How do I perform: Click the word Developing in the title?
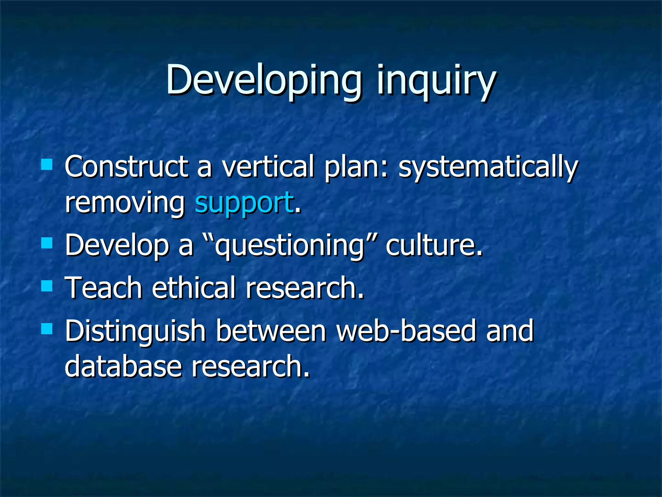(x=263, y=80)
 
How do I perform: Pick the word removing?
(x=124, y=203)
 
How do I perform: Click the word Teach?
(x=103, y=288)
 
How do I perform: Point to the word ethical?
(x=194, y=288)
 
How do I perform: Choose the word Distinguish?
(x=135, y=331)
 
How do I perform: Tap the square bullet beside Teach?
(x=47, y=286)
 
